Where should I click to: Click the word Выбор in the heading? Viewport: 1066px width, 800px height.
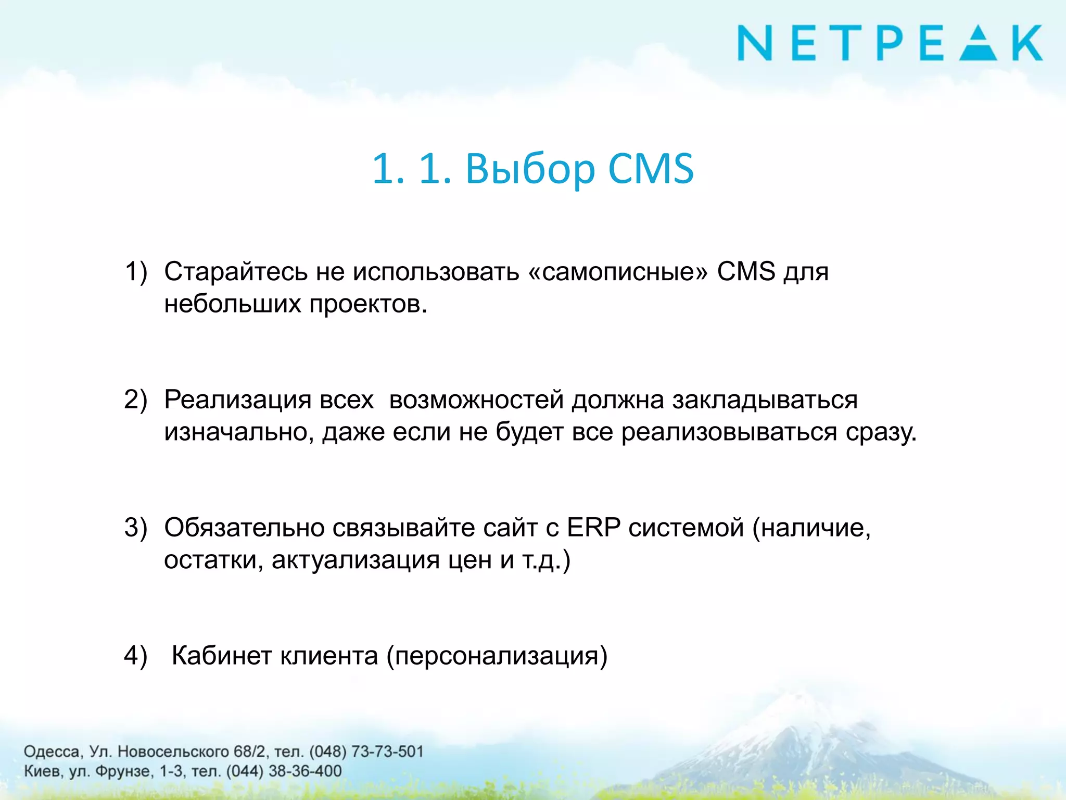[x=530, y=169]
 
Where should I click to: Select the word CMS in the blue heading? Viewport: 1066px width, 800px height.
[x=651, y=169]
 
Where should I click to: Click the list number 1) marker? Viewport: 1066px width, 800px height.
[x=136, y=272]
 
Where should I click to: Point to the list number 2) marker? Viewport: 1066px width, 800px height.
[x=136, y=400]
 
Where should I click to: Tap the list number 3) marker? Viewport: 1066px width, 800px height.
[x=136, y=528]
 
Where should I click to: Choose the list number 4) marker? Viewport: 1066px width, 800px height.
[x=136, y=655]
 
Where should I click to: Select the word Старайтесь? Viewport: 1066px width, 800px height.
[x=236, y=272]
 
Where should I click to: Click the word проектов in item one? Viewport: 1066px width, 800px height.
[x=367, y=304]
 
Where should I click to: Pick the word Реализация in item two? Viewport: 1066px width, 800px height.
[x=237, y=400]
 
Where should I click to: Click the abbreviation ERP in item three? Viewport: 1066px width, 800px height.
[x=593, y=528]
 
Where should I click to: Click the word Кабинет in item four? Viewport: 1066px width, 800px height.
[x=222, y=655]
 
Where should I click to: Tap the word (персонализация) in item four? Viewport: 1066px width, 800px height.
[x=497, y=656]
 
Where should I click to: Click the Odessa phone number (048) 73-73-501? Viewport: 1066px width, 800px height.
[x=366, y=752]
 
